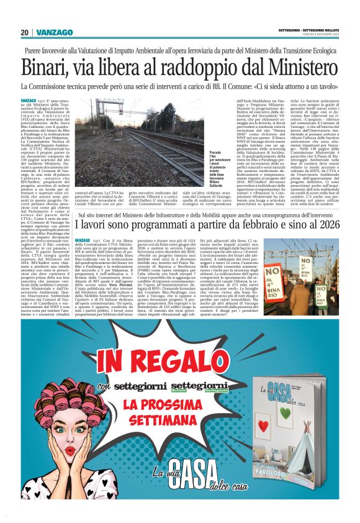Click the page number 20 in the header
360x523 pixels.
24,32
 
